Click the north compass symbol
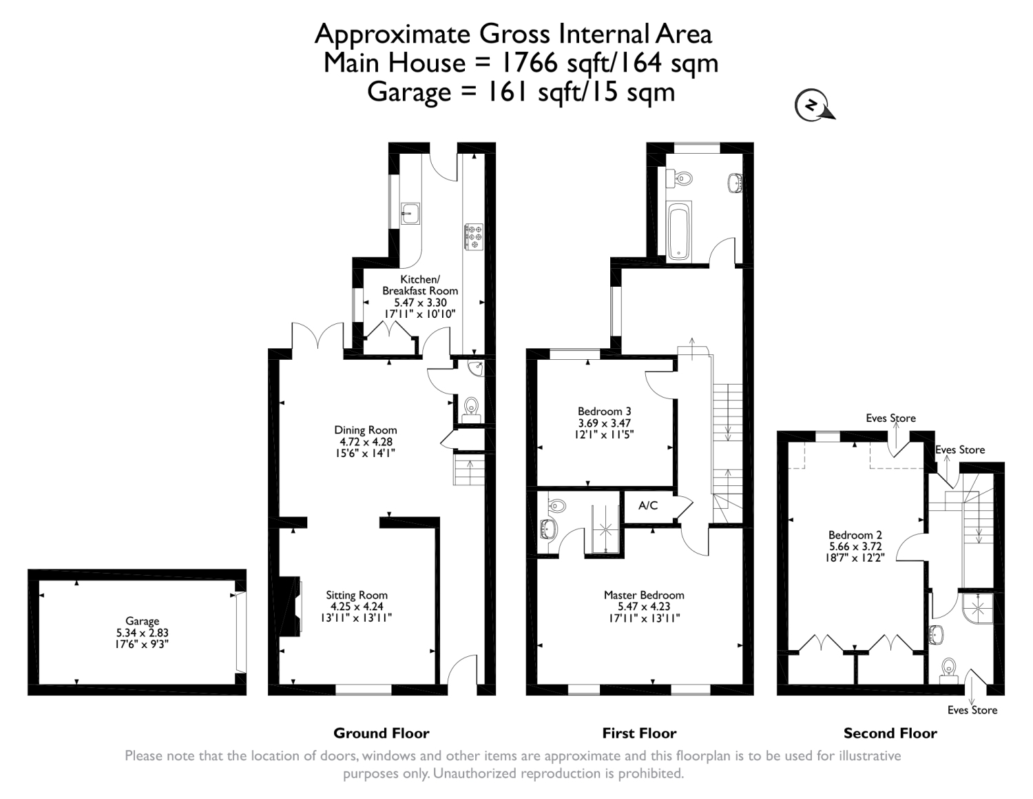tap(814, 105)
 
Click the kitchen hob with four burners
tap(474, 236)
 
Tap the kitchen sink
tap(410, 213)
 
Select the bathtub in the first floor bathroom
tap(678, 231)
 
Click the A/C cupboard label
tap(648, 505)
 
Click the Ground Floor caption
tap(382, 734)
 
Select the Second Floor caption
tap(890, 734)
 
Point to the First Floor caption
tap(639, 734)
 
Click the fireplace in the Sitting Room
tap(290, 607)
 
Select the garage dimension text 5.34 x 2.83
tap(142, 633)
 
